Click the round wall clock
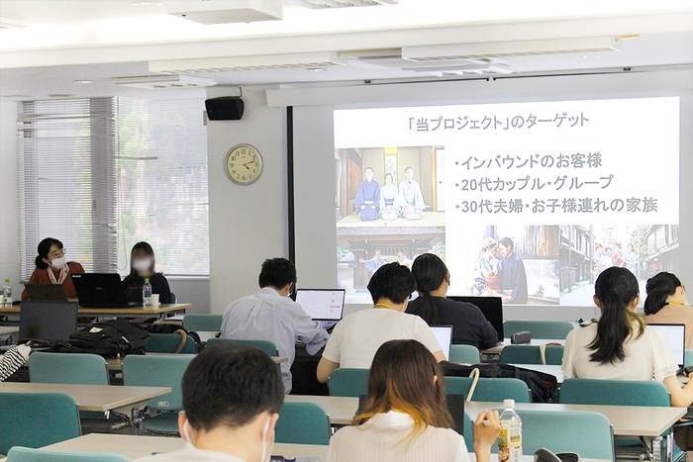244,164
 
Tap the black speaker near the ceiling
225,108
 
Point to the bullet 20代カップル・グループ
536,183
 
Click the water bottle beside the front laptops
147,292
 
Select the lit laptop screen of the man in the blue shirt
320,304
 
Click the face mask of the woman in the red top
57,263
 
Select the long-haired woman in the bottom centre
403,406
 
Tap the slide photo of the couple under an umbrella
500,267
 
